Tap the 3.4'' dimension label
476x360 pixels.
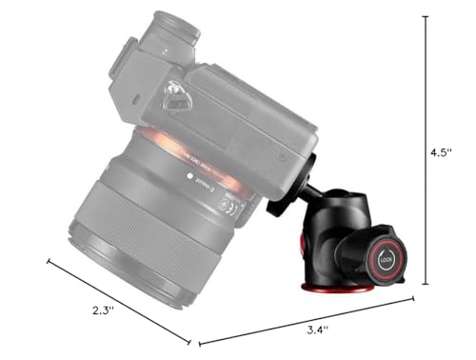coord(318,330)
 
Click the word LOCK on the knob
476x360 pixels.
coord(386,257)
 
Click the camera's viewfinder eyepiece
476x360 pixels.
coord(166,29)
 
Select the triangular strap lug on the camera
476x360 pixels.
coord(175,96)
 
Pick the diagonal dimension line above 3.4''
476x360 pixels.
coord(305,320)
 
